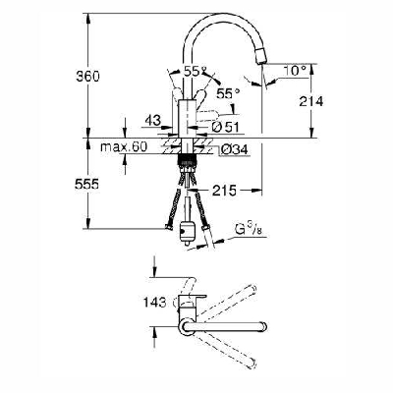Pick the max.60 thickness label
(x=124, y=147)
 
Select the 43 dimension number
(x=150, y=121)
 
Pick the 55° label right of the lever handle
(x=228, y=92)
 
